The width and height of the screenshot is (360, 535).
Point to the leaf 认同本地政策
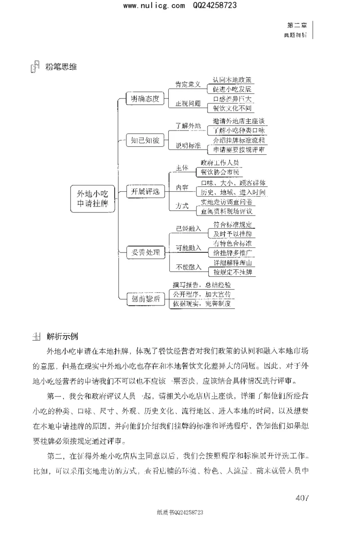coord(232,80)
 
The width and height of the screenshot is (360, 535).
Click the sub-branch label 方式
coord(182,206)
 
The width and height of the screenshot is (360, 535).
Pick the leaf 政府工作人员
coord(220,162)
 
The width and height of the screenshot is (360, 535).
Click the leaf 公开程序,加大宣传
coord(202,294)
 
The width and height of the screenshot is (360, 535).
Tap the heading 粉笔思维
coord(61,67)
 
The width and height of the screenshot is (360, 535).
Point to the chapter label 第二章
coord(297,25)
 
